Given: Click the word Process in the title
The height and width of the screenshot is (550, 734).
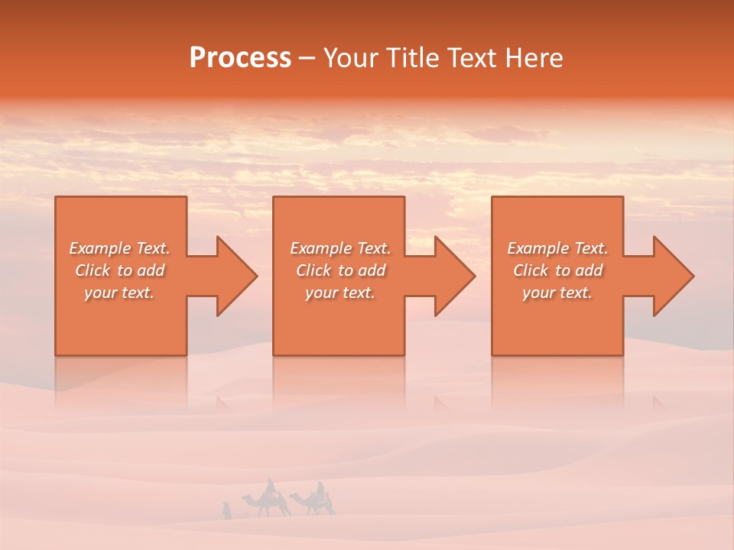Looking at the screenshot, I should click(x=240, y=58).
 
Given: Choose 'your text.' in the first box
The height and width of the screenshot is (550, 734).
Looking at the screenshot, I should click(x=120, y=293).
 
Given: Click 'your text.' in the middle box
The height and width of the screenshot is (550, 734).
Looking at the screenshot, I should click(x=340, y=293).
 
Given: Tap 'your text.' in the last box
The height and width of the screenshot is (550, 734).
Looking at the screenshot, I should click(x=557, y=293).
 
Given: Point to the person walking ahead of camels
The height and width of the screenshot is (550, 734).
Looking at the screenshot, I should click(x=226, y=510).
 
